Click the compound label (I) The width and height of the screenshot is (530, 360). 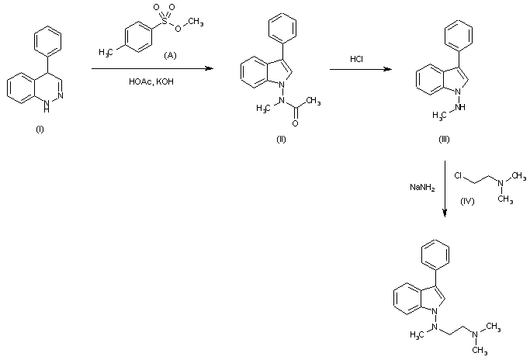40,128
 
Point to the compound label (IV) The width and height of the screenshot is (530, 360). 467,201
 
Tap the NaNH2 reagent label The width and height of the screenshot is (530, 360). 421,187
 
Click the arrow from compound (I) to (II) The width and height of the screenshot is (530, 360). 151,70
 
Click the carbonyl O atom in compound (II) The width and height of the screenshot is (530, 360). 296,123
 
